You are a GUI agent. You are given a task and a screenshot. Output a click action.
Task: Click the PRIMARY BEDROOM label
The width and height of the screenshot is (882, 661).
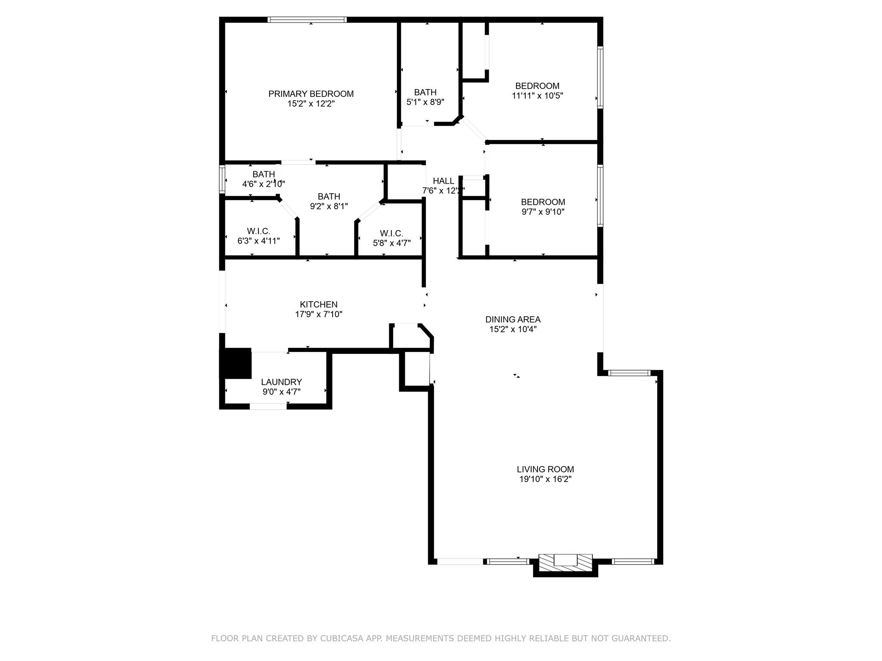pyautogui.click(x=311, y=94)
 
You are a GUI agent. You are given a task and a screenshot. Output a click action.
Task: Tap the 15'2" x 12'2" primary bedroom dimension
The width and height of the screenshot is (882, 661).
pyautogui.click(x=311, y=104)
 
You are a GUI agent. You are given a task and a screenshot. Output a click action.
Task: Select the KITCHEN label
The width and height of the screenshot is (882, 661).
pyautogui.click(x=319, y=305)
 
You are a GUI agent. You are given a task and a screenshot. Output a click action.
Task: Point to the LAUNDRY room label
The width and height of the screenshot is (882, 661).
pyautogui.click(x=281, y=382)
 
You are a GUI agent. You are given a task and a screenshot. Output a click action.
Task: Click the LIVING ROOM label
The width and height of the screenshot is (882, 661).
pyautogui.click(x=545, y=469)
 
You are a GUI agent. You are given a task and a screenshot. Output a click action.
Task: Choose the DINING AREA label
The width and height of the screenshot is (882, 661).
pyautogui.click(x=512, y=319)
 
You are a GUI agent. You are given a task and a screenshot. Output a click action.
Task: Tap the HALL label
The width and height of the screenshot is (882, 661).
pyautogui.click(x=443, y=181)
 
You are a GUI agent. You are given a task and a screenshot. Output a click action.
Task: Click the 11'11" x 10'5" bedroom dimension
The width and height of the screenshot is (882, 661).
pyautogui.click(x=537, y=96)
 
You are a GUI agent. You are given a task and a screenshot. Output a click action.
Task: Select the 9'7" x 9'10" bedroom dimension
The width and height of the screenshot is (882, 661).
pyautogui.click(x=543, y=212)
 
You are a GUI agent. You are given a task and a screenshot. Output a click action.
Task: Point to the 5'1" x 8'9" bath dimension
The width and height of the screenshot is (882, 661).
pyautogui.click(x=425, y=102)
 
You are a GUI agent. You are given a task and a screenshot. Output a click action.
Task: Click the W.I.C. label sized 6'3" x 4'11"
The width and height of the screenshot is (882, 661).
pyautogui.click(x=258, y=232)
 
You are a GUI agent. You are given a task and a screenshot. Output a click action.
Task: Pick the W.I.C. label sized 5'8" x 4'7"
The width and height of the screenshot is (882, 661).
pyautogui.click(x=391, y=233)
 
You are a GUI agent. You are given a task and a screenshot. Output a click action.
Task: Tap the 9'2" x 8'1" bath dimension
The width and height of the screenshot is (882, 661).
pyautogui.click(x=329, y=207)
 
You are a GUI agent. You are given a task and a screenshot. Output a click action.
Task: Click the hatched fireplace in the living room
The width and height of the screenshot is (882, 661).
pyautogui.click(x=565, y=563)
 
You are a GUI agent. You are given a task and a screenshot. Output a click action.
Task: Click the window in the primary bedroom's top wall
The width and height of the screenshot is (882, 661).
pyautogui.click(x=307, y=19)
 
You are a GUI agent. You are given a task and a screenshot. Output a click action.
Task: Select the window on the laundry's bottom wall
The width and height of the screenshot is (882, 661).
pyautogui.click(x=268, y=406)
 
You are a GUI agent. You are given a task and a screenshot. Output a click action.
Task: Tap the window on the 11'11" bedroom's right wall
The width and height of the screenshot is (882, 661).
pyautogui.click(x=600, y=77)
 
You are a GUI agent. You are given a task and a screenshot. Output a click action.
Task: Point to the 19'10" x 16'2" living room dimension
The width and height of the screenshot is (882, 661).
pyautogui.click(x=545, y=479)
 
